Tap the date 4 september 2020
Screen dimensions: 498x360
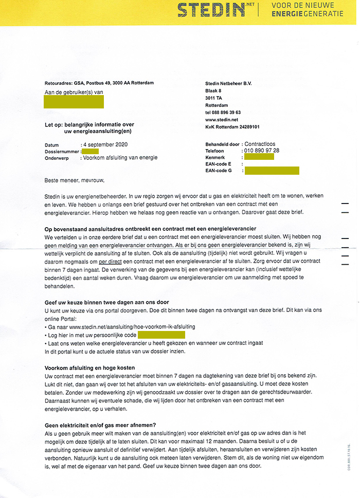click(x=105, y=145)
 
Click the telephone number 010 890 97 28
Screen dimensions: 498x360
click(x=262, y=151)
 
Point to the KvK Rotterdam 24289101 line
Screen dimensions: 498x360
click(x=232, y=127)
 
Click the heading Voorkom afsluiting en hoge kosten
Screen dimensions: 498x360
click(x=90, y=368)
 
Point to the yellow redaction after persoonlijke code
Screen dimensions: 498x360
click(x=168, y=335)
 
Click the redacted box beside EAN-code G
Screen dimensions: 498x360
click(x=272, y=171)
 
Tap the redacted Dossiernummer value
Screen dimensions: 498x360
click(x=90, y=151)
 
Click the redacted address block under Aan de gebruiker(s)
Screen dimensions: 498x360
click(x=74, y=101)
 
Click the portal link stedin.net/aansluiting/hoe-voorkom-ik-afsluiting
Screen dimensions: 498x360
click(x=132, y=327)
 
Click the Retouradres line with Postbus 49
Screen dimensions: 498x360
click(x=99, y=83)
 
